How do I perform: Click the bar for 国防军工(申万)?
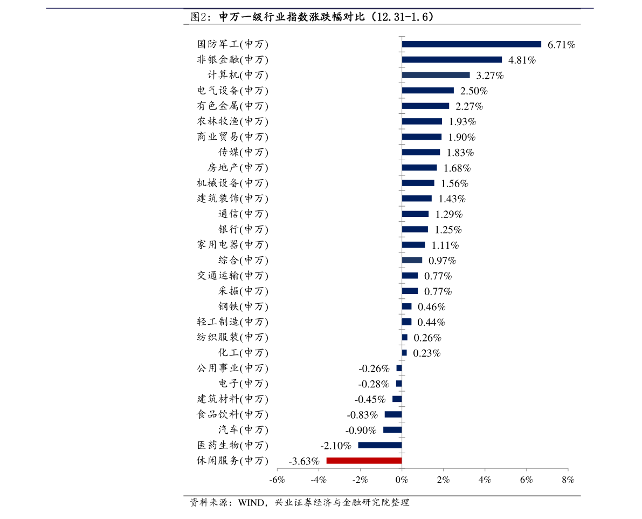pos(471,44)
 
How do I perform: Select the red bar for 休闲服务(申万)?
pos(364,461)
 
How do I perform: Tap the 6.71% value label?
pos(561,45)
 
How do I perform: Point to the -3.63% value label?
pos(304,461)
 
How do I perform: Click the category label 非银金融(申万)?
pos(232,60)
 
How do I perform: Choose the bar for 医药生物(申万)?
pos(379,445)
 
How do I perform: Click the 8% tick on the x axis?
pos(568,480)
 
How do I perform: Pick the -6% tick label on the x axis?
pos(277,480)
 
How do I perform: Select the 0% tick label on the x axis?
pos(402,480)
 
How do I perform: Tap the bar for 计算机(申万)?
pos(436,75)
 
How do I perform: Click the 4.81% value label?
pos(522,60)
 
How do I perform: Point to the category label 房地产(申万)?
pos(238,168)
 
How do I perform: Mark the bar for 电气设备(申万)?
pos(427,91)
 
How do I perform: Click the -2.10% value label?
pos(336,446)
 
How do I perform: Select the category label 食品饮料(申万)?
pos(232,414)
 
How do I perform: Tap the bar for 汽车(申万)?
pos(392,430)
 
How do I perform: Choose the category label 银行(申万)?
pos(243,229)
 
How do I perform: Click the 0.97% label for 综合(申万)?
pos(442,261)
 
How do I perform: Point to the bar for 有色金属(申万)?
pos(425,106)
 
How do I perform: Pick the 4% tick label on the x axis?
pos(485,480)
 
